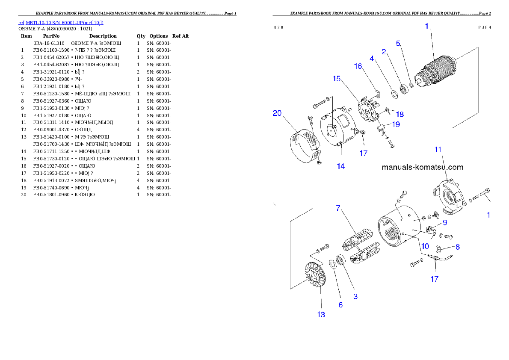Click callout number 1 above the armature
(426, 26)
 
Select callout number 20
(278, 113)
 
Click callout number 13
(321, 314)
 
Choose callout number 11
(438, 149)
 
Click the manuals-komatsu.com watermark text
(422, 168)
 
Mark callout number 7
(338, 208)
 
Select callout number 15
(337, 79)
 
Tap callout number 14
(340, 166)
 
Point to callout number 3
(355, 296)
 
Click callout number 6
(340, 305)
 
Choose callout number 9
(445, 222)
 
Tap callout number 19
(396, 124)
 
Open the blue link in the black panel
(60, 22)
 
